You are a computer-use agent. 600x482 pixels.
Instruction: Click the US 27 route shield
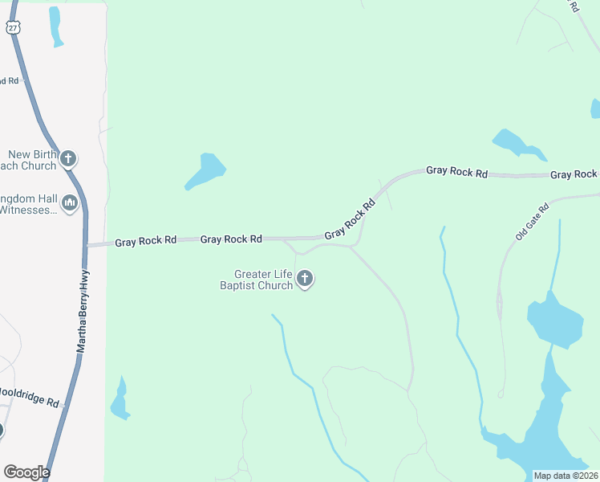(x=13, y=27)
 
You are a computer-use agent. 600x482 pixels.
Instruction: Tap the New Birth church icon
(x=68, y=158)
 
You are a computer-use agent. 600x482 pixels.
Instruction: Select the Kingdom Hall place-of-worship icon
(x=69, y=203)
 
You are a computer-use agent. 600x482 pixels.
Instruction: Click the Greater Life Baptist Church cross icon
(x=305, y=279)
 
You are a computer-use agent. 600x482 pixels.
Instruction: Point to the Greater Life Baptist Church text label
(x=257, y=280)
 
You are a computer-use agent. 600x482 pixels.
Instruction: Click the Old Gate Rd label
(x=532, y=219)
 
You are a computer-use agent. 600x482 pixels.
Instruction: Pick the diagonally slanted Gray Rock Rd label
(x=351, y=219)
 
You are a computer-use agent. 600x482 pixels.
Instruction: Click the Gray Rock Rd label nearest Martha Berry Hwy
(x=145, y=241)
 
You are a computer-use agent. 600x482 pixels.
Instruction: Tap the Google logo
(x=26, y=472)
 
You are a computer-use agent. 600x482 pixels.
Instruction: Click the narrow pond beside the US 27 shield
(x=55, y=26)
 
